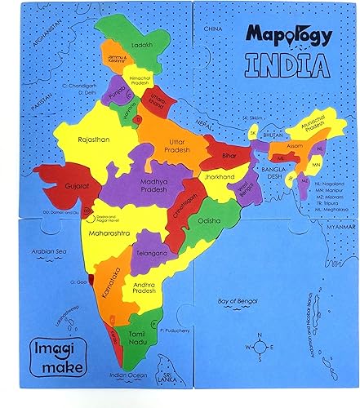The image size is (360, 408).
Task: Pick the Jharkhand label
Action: coord(220,176)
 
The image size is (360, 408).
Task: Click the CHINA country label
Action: coord(214,29)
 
